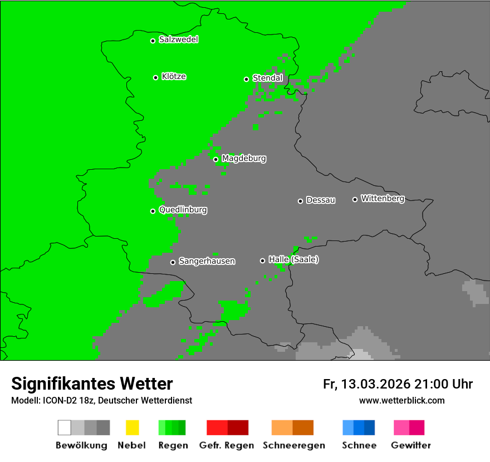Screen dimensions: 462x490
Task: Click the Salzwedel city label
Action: coord(178,40)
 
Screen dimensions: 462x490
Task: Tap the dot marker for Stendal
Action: coord(246,79)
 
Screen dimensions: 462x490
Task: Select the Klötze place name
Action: coord(174,76)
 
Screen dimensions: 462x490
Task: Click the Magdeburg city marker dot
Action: coord(215,159)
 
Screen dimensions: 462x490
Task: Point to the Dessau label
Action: coord(321,200)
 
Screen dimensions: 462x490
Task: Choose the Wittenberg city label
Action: coord(383,198)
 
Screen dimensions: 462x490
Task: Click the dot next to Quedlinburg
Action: coord(153,211)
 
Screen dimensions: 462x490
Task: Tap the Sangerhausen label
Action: coord(207,261)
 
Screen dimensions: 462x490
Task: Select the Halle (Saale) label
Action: coord(293,259)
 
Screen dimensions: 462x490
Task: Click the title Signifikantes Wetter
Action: coord(92,384)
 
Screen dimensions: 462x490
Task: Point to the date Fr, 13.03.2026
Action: coord(367,384)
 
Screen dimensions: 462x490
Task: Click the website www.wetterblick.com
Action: coord(401,400)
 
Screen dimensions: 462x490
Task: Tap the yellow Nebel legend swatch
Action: coord(132,427)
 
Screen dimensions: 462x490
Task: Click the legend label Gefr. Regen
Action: coord(227,445)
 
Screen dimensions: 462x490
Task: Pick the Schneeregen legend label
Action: coord(292,445)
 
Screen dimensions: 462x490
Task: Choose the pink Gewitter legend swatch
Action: coord(401,427)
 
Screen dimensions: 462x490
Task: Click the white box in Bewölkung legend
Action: coord(65,427)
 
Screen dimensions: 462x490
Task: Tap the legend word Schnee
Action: coord(359,445)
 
